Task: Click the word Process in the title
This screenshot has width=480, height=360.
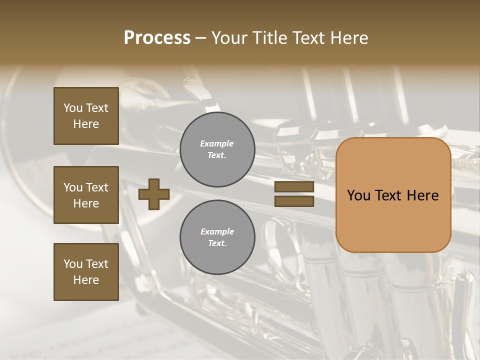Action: [157, 38]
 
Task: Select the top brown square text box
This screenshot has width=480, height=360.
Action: [86, 116]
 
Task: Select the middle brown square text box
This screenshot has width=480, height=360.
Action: [86, 195]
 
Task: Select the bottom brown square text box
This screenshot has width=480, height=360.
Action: [86, 272]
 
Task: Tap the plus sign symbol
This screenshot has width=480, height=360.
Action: [154, 194]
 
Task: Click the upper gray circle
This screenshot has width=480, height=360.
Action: [217, 149]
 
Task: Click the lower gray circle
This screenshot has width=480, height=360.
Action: [217, 237]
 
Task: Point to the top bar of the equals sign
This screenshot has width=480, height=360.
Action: [294, 186]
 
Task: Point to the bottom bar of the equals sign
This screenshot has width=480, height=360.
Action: [294, 201]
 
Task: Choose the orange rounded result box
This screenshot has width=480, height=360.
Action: [393, 195]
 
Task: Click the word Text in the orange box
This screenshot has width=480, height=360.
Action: [392, 195]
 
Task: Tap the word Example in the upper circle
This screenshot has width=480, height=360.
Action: [217, 143]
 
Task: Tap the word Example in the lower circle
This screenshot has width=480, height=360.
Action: [217, 231]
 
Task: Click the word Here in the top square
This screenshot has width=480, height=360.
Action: [86, 124]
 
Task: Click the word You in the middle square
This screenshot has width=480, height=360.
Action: [72, 187]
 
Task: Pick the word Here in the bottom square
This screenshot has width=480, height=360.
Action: [86, 280]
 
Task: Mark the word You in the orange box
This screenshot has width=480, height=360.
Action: [358, 195]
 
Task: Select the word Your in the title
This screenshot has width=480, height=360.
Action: [229, 38]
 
